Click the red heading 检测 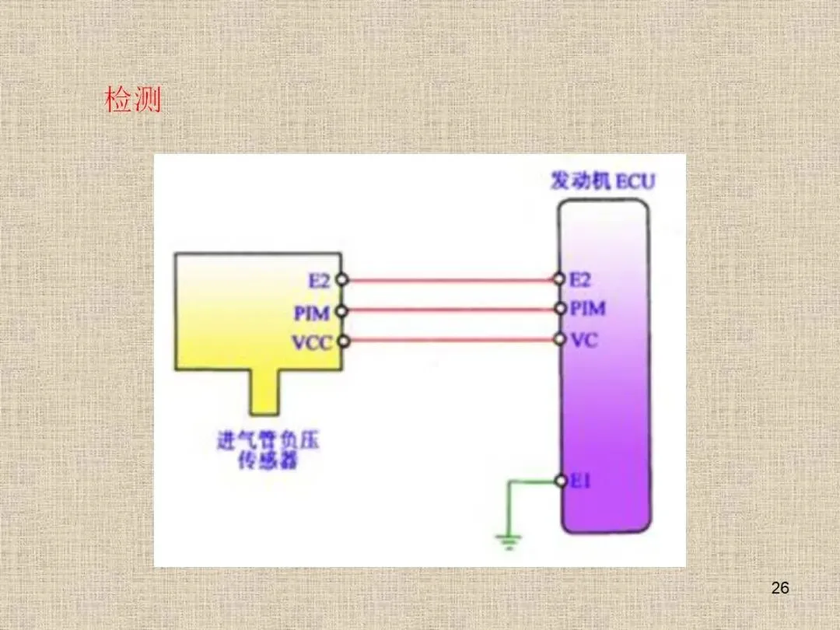(133, 100)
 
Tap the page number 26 (780, 588)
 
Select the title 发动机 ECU (602, 182)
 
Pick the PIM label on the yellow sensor (313, 312)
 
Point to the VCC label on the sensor (312, 341)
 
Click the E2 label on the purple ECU (581, 279)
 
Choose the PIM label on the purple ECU (587, 309)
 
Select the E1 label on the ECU (580, 481)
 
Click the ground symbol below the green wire (509, 541)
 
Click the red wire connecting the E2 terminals (450, 279)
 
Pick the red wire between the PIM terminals (450, 310)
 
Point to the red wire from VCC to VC (450, 340)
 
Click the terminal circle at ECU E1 (561, 481)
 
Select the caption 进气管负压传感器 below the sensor (268, 451)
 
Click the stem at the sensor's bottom (265, 392)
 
